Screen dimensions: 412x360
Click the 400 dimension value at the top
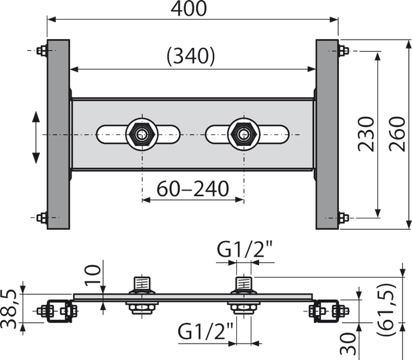[189, 8]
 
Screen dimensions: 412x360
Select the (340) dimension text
[191, 56]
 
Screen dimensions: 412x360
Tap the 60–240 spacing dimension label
[193, 188]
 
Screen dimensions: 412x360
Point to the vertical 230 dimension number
[366, 134]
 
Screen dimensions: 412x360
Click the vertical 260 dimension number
[397, 134]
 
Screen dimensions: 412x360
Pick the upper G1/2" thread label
[245, 249]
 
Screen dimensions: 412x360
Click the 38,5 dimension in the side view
[9, 310]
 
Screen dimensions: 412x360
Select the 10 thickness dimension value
[92, 274]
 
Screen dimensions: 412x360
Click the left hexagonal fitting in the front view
[142, 134]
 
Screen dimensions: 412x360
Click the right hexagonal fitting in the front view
[244, 134]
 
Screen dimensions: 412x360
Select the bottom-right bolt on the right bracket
[344, 218]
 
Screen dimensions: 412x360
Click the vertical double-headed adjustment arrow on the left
[36, 137]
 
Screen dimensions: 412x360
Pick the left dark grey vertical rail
[58, 134]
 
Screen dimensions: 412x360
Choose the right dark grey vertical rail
[327, 134]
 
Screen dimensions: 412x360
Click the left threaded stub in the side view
[142, 283]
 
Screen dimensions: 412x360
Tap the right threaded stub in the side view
[244, 283]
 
